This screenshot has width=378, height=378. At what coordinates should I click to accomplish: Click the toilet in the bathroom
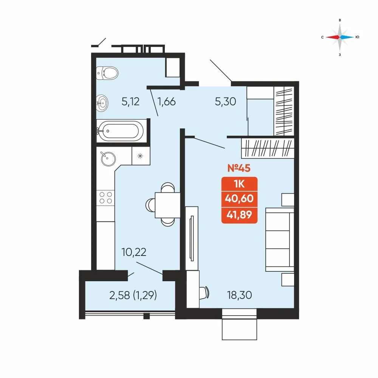[107, 73]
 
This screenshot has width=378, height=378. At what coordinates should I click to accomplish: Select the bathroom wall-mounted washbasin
[102, 103]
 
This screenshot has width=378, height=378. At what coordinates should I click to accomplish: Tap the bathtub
[120, 131]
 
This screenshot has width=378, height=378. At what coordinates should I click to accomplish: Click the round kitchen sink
[108, 158]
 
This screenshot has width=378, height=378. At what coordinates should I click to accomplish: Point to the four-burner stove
[105, 198]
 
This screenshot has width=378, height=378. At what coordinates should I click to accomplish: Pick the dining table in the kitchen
[167, 205]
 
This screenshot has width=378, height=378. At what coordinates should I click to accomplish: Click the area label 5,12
[131, 101]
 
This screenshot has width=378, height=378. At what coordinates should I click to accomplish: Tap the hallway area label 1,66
[166, 101]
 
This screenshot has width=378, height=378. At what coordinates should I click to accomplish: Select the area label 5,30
[225, 101]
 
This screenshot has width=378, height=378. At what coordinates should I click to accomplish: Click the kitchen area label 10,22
[134, 252]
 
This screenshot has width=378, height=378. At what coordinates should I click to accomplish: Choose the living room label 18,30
[239, 295]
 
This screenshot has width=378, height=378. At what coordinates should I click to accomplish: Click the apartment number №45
[239, 168]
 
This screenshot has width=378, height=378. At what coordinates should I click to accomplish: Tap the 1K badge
[239, 184]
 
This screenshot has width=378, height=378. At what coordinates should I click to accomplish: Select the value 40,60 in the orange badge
[239, 198]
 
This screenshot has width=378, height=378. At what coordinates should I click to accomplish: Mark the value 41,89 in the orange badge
[239, 214]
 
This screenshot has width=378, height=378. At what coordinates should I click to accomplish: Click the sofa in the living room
[280, 240]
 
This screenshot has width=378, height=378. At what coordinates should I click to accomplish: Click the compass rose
[340, 37]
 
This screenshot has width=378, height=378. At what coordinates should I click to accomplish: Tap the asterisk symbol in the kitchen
[140, 156]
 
